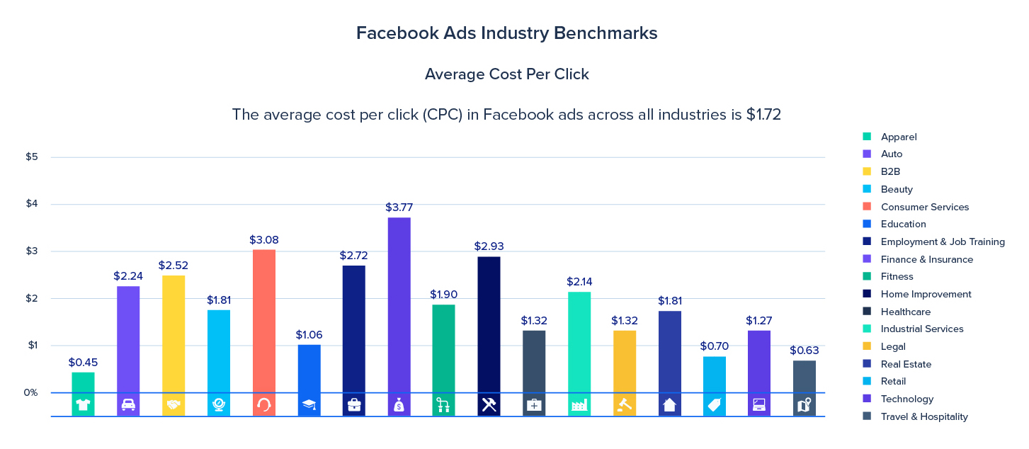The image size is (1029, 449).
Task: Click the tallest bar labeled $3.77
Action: click(x=399, y=305)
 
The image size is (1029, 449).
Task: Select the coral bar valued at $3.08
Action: click(x=263, y=321)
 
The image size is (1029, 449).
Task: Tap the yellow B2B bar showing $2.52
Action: click(x=174, y=334)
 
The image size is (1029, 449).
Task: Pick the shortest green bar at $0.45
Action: click(x=83, y=382)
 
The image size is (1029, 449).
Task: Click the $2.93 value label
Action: click(x=488, y=246)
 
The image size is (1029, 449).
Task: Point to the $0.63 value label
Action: click(x=804, y=351)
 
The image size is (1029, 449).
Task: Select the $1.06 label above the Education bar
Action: click(x=309, y=334)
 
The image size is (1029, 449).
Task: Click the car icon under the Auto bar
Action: click(x=128, y=405)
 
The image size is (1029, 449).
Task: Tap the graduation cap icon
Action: click(x=309, y=405)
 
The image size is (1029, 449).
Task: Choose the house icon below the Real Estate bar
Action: click(x=669, y=405)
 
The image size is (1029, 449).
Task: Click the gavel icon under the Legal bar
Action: click(x=624, y=405)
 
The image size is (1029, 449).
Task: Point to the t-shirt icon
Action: click(x=83, y=405)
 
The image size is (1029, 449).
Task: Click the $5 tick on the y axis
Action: click(x=32, y=157)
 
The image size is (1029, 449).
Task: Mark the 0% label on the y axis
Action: click(x=30, y=392)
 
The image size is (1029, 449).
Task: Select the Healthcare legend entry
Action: click(x=905, y=312)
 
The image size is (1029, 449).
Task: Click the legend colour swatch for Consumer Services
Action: click(x=867, y=207)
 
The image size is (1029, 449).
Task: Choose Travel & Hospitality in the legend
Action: click(x=923, y=416)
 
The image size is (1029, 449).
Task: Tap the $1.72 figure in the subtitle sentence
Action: click(x=763, y=114)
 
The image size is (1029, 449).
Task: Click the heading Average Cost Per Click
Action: click(x=506, y=74)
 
